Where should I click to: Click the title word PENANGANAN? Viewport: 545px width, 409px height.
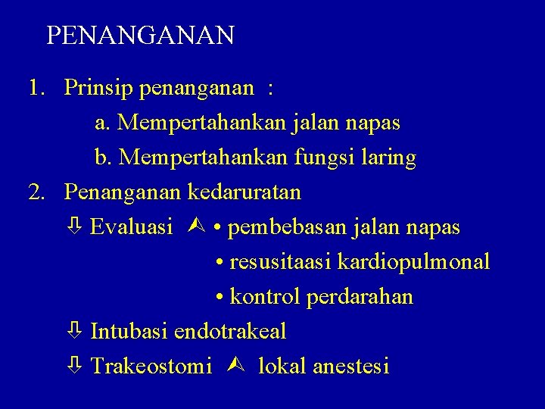point(140,36)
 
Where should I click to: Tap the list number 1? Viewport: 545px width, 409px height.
point(35,89)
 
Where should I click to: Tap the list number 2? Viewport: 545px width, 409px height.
point(35,192)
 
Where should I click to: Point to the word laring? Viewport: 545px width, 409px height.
point(391,158)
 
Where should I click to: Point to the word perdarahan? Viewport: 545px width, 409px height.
point(360,297)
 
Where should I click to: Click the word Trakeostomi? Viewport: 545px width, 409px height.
point(151,367)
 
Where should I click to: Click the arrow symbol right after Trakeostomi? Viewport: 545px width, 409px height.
point(233,367)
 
